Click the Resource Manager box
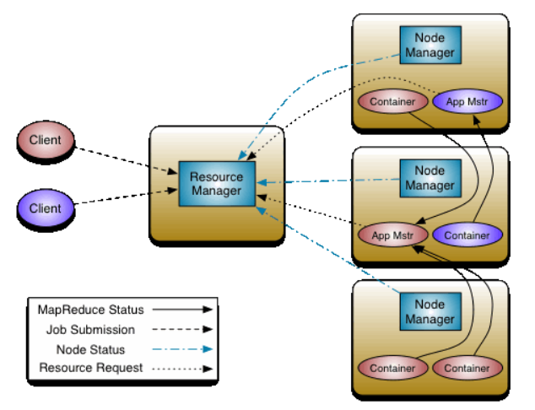tap(216, 183)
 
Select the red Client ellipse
tap(45, 140)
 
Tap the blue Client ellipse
tap(45, 207)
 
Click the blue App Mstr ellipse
tap(467, 102)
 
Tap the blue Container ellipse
tap(467, 235)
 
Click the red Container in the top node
tap(392, 102)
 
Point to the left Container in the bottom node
tap(392, 369)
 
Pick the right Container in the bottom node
tap(467, 369)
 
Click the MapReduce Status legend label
tap(90, 310)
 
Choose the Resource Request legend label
tap(90, 368)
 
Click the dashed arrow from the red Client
tap(127, 159)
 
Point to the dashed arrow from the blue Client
tap(127, 197)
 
